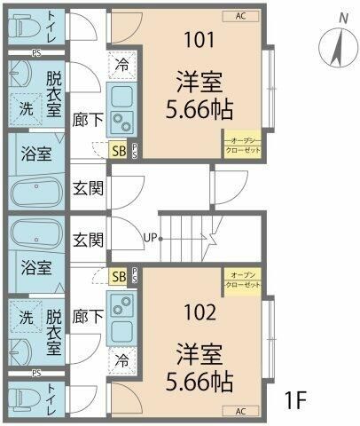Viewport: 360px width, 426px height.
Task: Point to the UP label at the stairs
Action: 152,237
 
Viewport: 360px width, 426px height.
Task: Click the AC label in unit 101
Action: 240,16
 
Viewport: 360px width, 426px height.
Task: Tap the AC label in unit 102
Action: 240,411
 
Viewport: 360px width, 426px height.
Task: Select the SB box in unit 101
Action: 118,151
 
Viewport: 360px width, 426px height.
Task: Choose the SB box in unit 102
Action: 118,277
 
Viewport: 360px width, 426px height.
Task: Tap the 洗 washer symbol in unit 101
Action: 27,106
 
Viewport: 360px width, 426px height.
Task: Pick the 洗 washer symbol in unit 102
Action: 27,316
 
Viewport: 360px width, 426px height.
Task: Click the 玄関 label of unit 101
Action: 88,188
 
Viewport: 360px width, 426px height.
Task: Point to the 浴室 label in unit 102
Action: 35,266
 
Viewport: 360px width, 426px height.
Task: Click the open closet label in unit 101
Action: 242,144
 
